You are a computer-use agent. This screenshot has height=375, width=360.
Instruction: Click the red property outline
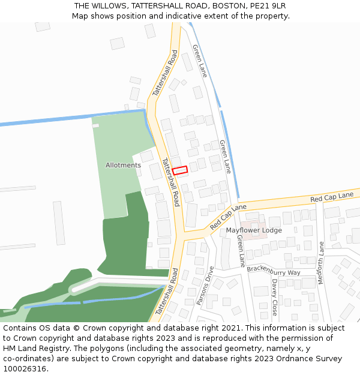pos(180,170)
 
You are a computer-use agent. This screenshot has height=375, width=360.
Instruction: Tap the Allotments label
pos(123,165)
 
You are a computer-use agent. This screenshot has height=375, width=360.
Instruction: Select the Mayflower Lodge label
pos(254,230)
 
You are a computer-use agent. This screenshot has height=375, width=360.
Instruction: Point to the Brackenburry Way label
pos(274,271)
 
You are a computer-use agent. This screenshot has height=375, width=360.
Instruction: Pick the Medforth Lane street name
pos(321,263)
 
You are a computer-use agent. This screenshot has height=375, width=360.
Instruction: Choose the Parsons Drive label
pos(205,286)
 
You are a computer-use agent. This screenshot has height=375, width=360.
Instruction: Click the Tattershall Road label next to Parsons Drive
pos(167,292)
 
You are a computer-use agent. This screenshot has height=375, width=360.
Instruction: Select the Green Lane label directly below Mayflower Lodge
pos(241,250)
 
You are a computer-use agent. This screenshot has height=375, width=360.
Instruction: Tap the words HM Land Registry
pos(34,349)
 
